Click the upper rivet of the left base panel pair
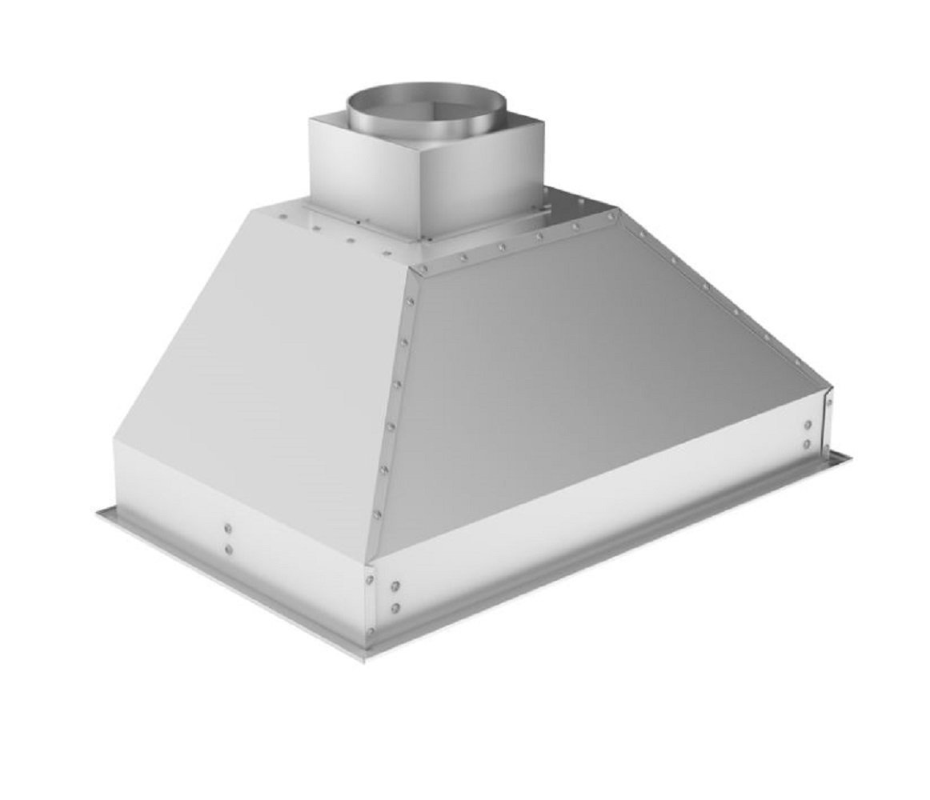pyautogui.click(x=228, y=528)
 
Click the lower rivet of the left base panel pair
pyautogui.click(x=228, y=550)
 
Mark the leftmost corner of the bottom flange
pyautogui.click(x=98, y=512)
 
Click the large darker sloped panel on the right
pyautogui.click(x=592, y=376)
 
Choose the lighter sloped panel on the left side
pyautogui.click(x=256, y=360)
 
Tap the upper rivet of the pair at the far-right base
pyautogui.click(x=808, y=425)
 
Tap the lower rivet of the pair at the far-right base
pyautogui.click(x=807, y=444)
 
